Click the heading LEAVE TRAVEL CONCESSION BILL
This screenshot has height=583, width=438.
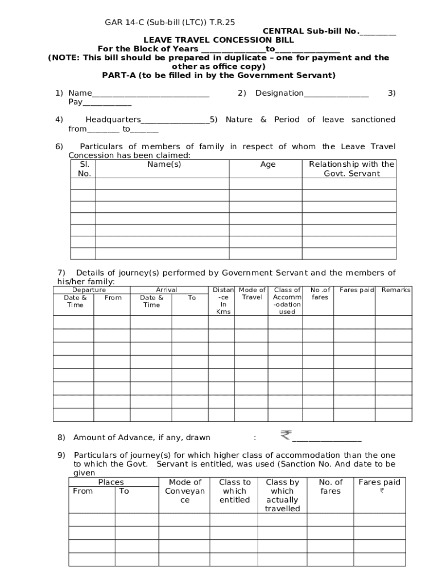click(x=218, y=40)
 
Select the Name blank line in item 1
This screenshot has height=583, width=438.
click(x=150, y=94)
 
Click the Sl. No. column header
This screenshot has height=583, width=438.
click(x=84, y=169)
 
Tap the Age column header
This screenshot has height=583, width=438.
click(x=267, y=165)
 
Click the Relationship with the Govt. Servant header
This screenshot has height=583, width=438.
click(x=351, y=169)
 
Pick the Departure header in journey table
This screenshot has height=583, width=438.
click(x=89, y=290)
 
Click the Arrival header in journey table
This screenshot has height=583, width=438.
click(x=166, y=290)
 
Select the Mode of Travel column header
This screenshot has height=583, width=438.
click(x=252, y=294)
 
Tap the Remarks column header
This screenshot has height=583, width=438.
click(x=396, y=290)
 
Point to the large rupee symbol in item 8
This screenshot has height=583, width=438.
click(x=285, y=436)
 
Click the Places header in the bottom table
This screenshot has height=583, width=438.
click(x=111, y=482)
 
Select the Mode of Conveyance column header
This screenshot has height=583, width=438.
click(x=185, y=491)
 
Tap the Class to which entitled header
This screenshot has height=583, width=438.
click(x=234, y=491)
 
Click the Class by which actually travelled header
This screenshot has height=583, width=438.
click(x=282, y=495)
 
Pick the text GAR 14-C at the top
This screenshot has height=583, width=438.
click(x=123, y=23)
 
